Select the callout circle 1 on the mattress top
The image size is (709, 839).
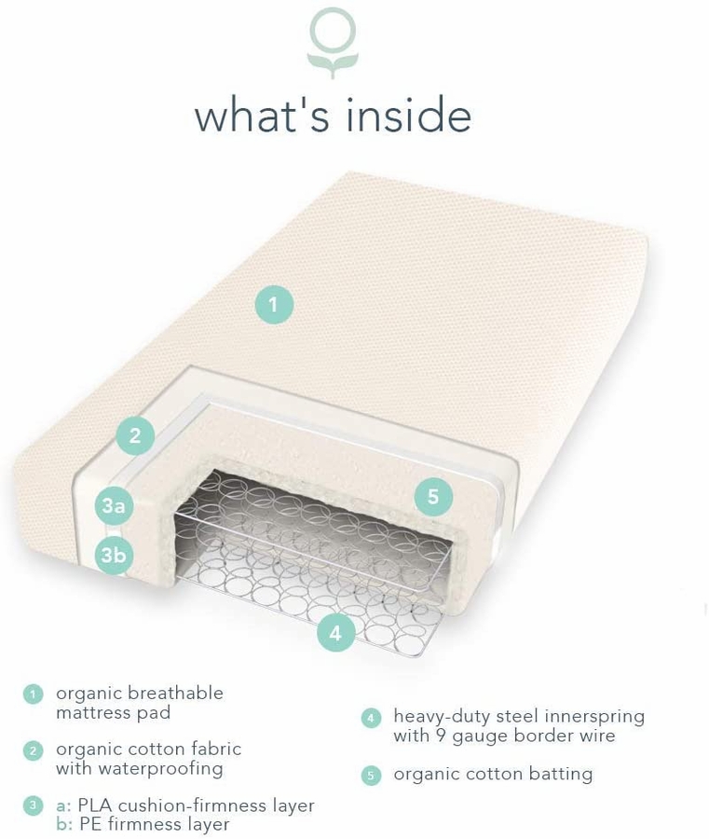273,305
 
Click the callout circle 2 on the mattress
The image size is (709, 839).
135,435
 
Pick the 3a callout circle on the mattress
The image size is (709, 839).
114,506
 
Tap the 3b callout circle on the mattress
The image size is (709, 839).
114,557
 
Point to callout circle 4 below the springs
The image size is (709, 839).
335,633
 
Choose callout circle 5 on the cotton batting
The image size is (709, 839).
433,497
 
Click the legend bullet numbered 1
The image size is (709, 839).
34,695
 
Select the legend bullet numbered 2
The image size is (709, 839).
34,750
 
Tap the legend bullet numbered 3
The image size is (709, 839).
34,805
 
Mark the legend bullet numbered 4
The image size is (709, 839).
371,718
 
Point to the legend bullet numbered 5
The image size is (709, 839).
371,775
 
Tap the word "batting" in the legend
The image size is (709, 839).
558,774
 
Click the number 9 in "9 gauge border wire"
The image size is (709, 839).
442,736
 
